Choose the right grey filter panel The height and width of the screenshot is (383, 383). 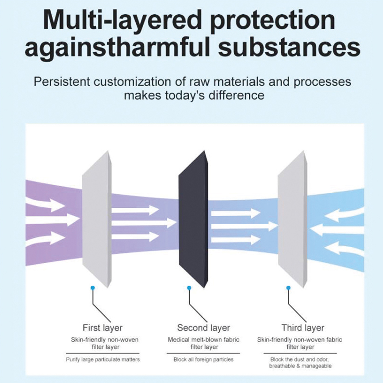point(292,219)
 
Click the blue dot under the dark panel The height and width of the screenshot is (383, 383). point(189,287)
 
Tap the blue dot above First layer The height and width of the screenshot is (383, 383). point(93,287)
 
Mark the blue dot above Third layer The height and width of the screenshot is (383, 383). point(288,287)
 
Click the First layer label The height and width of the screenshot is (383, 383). point(103,327)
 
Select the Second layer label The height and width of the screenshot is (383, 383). point(203,327)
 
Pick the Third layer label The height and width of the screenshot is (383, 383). point(303,327)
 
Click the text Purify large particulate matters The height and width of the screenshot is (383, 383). point(103,359)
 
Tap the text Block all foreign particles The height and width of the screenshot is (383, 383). point(203,359)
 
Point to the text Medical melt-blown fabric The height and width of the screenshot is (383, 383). point(203,340)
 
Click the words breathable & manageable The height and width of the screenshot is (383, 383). point(300,366)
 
